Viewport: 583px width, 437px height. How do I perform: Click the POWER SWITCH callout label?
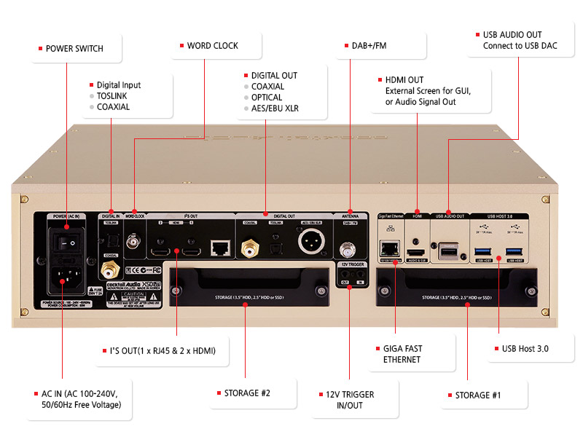pyautogui.click(x=74, y=49)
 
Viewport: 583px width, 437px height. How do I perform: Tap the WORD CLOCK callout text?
pyautogui.click(x=212, y=46)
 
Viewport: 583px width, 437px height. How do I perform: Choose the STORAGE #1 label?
pyautogui.click(x=477, y=395)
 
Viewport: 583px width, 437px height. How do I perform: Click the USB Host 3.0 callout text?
pyautogui.click(x=525, y=349)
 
